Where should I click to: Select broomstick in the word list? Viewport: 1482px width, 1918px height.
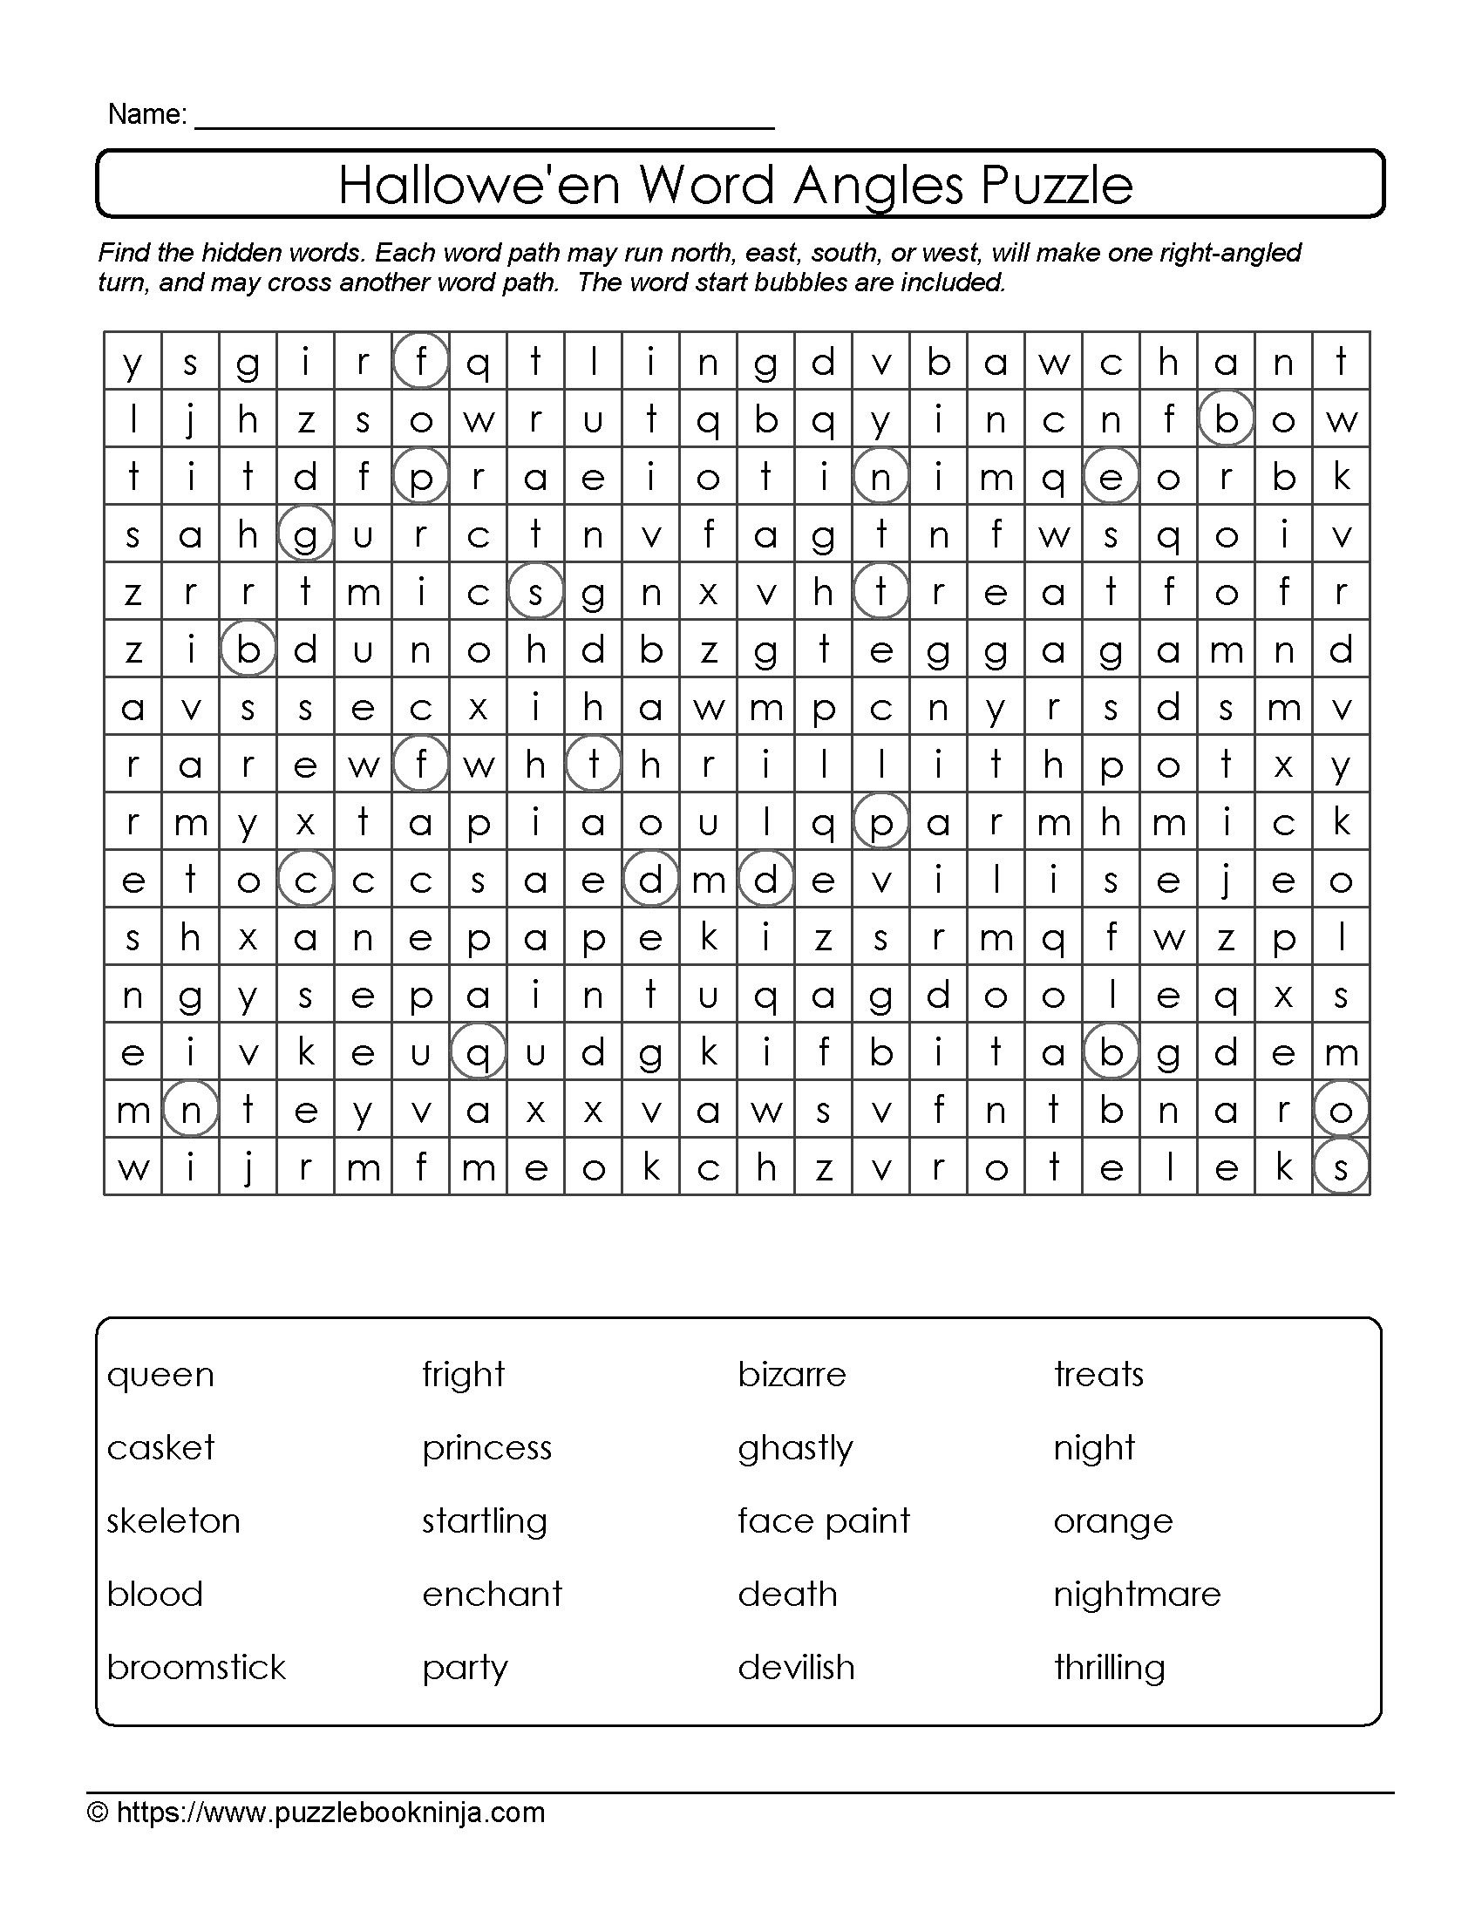197,1668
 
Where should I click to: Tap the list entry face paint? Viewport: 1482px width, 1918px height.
824,1521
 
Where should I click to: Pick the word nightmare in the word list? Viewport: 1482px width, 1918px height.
1137,1594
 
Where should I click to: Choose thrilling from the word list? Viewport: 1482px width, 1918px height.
1110,1668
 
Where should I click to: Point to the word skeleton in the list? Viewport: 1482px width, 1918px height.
173,1521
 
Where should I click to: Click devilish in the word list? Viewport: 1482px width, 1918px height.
796,1668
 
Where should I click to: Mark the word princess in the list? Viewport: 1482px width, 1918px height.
487,1448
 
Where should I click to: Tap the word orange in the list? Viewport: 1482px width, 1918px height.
1113,1521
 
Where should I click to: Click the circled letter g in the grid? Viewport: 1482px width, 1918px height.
304,534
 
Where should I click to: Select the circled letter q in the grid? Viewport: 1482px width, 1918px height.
478,1052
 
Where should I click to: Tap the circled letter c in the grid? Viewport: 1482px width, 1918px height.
304,880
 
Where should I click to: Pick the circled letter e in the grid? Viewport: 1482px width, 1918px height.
1111,477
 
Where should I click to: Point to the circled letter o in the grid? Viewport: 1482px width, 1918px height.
1341,1110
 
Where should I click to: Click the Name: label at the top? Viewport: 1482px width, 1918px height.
146,114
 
